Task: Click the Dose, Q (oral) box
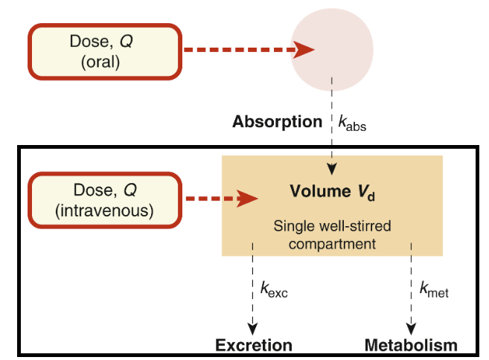click(x=105, y=52)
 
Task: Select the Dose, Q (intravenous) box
click(x=105, y=200)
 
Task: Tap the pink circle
click(x=332, y=50)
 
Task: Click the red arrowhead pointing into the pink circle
click(x=303, y=50)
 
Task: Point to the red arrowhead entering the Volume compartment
click(x=247, y=199)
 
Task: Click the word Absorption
click(x=277, y=121)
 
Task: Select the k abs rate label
click(x=352, y=123)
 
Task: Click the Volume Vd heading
click(x=332, y=192)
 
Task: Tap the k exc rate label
click(x=274, y=289)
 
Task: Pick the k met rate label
click(x=434, y=289)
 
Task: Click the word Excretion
click(x=254, y=345)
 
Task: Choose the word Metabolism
click(x=411, y=345)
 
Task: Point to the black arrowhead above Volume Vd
click(x=332, y=169)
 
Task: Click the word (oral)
click(x=100, y=62)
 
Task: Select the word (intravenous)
click(x=104, y=211)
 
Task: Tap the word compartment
click(x=332, y=244)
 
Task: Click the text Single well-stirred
click(x=332, y=226)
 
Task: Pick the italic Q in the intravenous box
click(x=130, y=190)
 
